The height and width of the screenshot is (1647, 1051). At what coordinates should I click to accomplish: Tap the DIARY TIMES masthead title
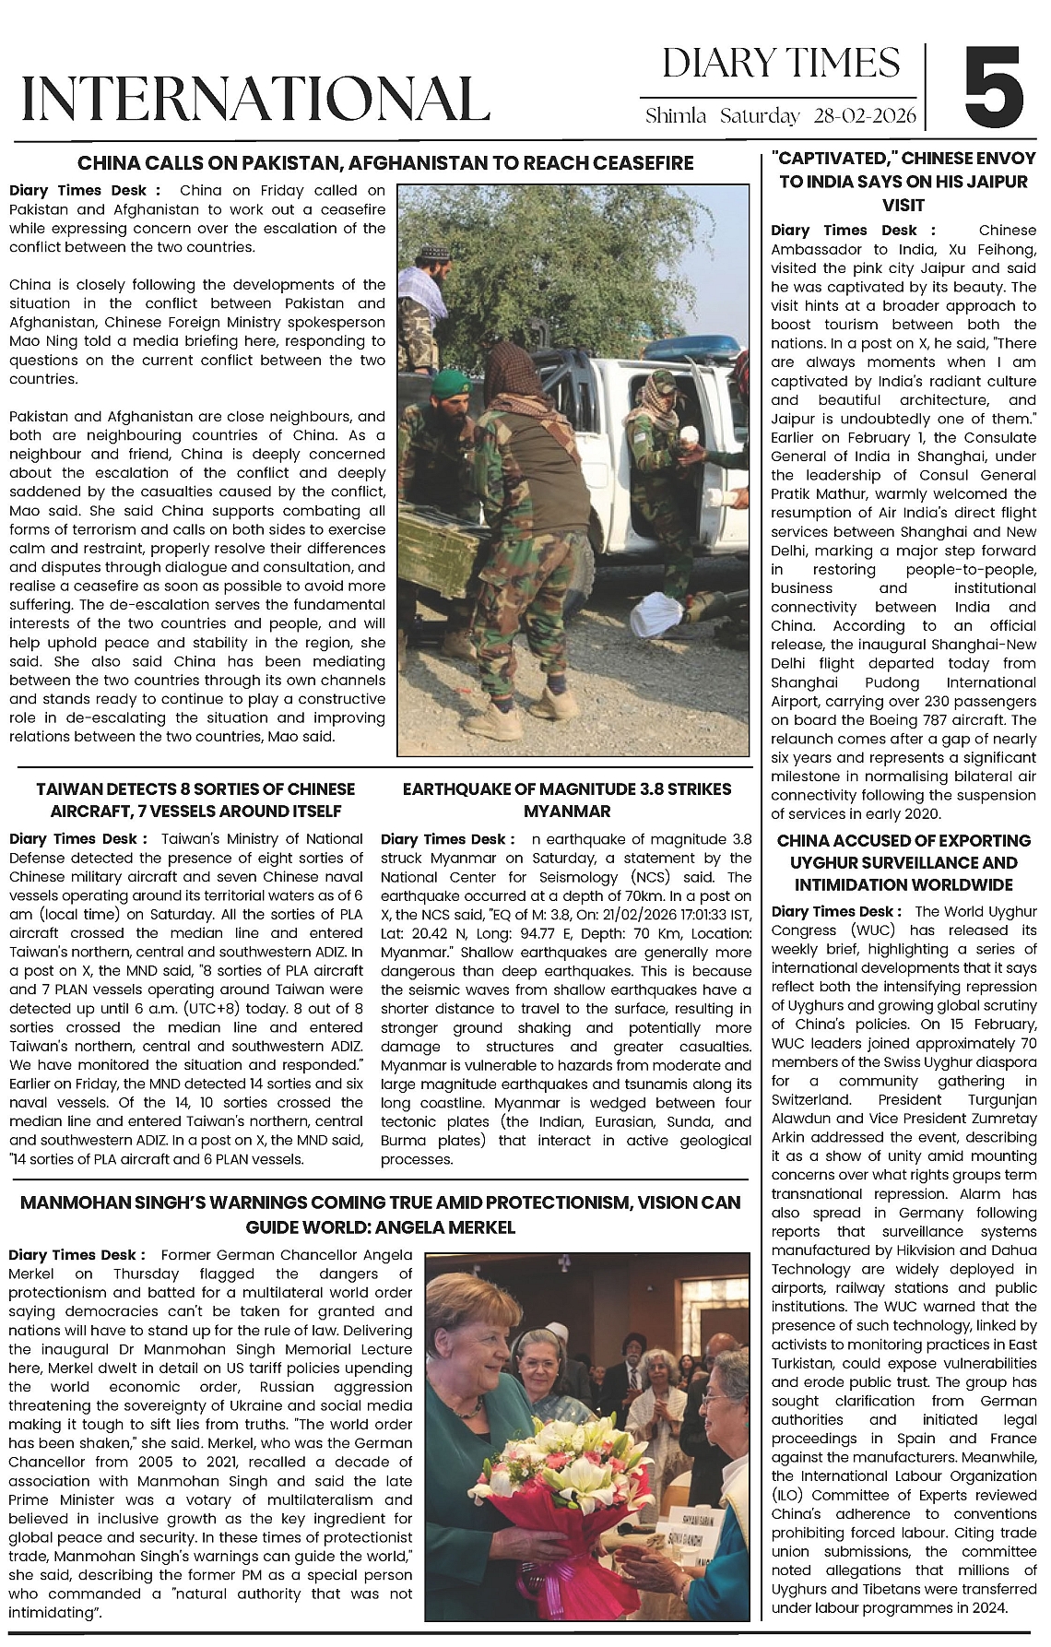pyautogui.click(x=781, y=63)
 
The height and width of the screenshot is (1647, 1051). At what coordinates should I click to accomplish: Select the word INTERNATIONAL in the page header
pyautogui.click(x=254, y=99)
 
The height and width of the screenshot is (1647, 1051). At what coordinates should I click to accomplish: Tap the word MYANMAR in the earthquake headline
pyautogui.click(x=567, y=812)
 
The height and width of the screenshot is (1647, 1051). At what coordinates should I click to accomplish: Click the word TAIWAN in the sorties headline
pyautogui.click(x=68, y=789)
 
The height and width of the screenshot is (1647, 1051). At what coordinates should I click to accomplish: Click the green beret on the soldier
pyautogui.click(x=451, y=381)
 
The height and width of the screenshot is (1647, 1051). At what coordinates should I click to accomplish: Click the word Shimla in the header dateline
pyautogui.click(x=676, y=116)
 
